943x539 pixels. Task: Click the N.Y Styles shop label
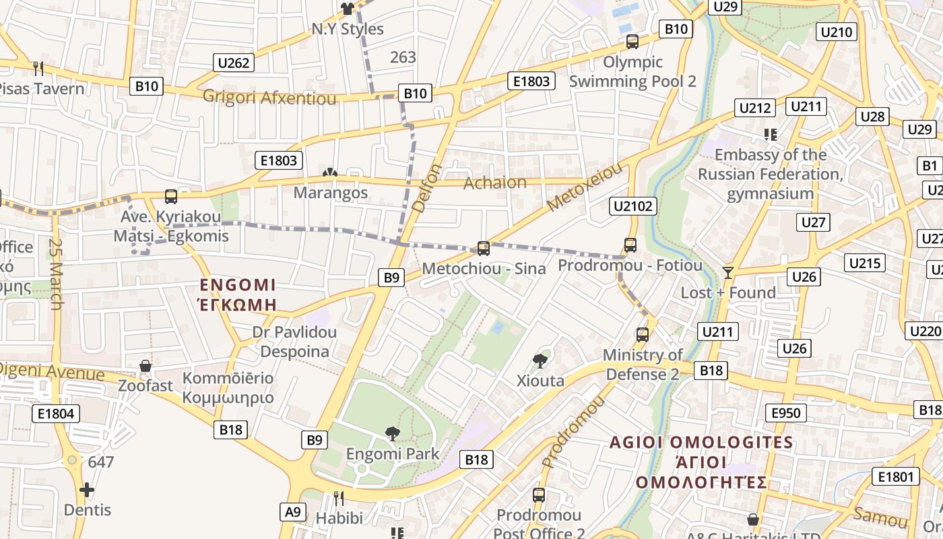coord(348,29)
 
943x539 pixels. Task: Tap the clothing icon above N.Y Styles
coord(347,9)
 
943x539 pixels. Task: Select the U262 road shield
coord(234,63)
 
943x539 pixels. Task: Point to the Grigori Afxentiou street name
coord(269,98)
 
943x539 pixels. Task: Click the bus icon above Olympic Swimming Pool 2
coord(632,42)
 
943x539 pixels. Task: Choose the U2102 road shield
coord(632,206)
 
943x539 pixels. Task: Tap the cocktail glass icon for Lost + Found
coord(727,273)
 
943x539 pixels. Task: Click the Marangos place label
coord(331,193)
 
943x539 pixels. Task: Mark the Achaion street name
coord(495,183)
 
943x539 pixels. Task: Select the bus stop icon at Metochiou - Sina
coord(483,249)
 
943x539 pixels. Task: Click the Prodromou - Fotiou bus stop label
coord(630,266)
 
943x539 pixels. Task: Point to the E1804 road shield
coord(56,413)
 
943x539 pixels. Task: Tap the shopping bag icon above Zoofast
coord(145,367)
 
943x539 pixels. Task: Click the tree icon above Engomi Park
coord(392,434)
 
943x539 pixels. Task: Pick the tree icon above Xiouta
coord(540,361)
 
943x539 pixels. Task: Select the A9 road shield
coord(293,511)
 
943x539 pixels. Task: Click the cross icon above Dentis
coord(87,490)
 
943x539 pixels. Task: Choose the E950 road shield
coord(785,413)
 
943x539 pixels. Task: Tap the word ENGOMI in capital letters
coord(238,284)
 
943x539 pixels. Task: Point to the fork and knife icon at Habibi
coord(339,499)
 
